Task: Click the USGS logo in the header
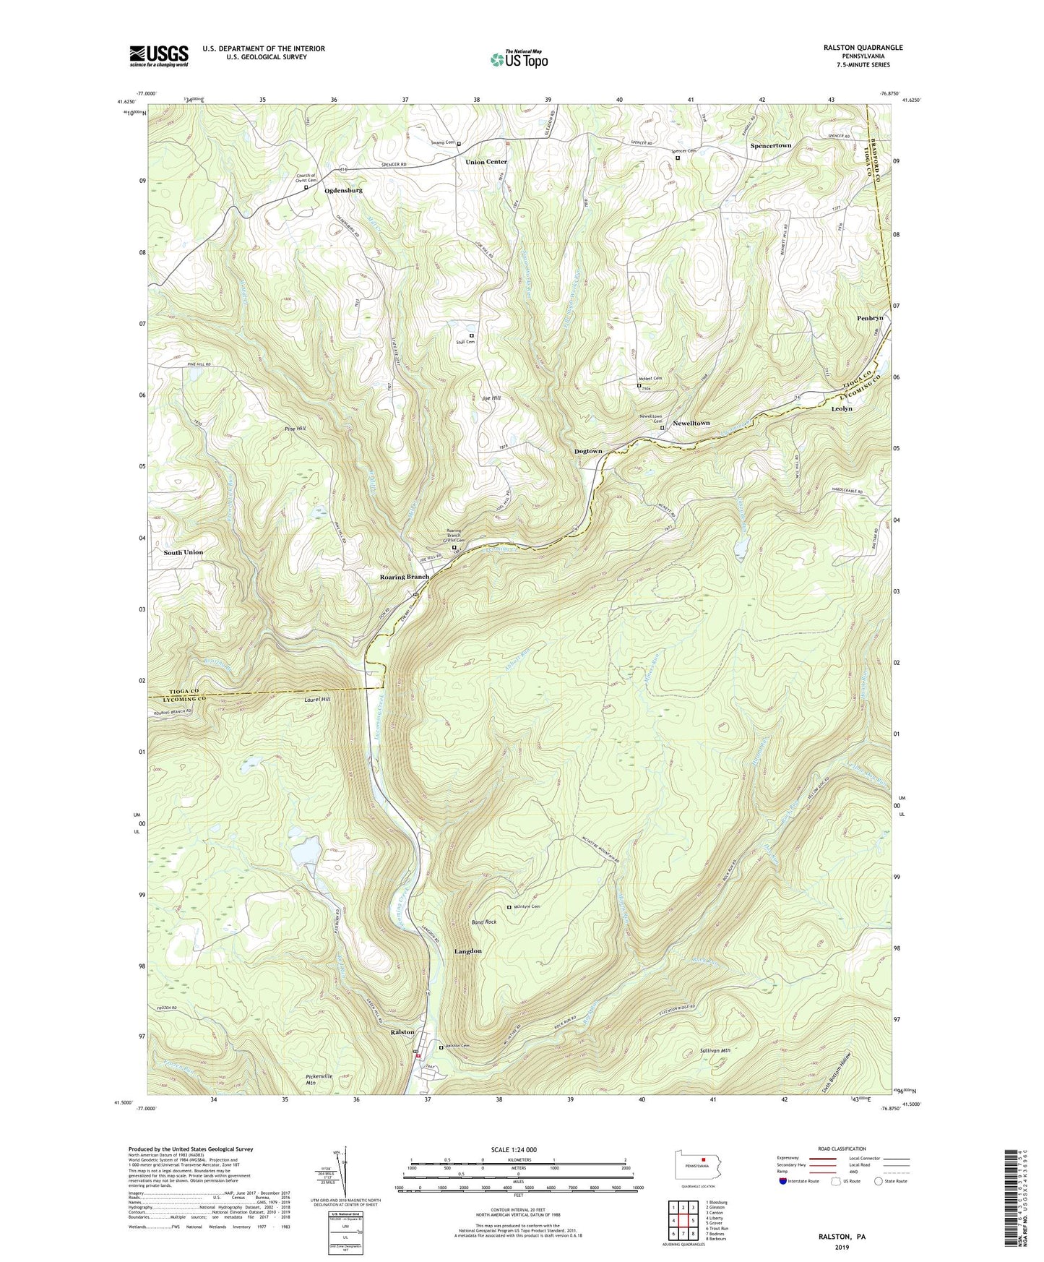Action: (159, 55)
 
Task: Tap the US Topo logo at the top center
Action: (518, 59)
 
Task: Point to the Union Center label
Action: (486, 162)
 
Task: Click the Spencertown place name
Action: (770, 145)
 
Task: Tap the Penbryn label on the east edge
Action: (870, 318)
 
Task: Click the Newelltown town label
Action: (691, 423)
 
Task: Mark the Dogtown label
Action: (588, 451)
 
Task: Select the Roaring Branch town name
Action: (405, 577)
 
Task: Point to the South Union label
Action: (183, 552)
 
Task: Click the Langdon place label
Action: (467, 951)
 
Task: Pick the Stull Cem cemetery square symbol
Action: (472, 335)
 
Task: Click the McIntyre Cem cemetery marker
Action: (509, 907)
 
